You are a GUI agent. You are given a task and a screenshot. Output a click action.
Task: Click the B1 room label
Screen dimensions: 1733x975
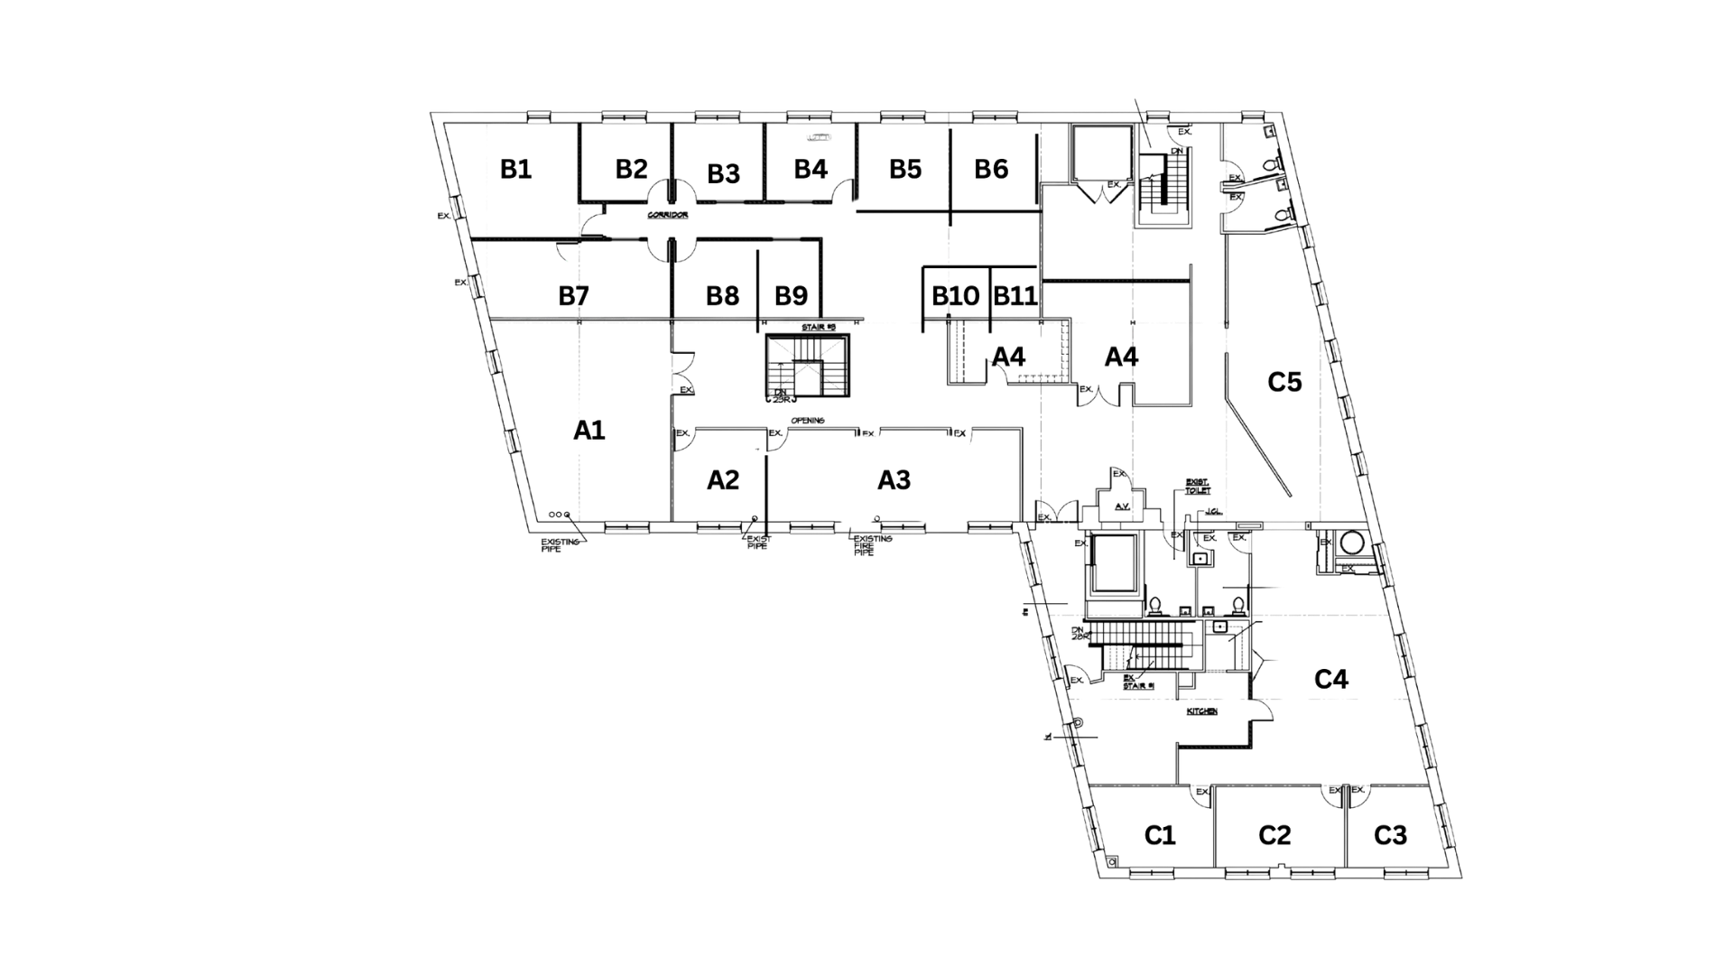tap(514, 169)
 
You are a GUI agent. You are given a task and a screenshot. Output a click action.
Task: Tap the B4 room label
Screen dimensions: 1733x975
tap(811, 169)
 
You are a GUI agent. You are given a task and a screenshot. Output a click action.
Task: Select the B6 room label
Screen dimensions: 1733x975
tap(992, 169)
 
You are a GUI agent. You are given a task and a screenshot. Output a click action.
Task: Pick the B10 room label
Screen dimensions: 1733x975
tap(956, 295)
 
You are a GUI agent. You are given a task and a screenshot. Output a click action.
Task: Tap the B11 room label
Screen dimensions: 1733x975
tap(1015, 295)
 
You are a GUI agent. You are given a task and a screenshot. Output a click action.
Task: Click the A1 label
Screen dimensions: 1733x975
tap(588, 430)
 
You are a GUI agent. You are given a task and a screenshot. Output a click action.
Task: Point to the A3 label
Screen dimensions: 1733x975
tap(894, 481)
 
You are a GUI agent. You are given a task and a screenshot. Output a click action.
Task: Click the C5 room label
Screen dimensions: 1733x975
tap(1285, 383)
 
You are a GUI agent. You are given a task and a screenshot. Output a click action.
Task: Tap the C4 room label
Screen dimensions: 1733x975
tap(1330, 680)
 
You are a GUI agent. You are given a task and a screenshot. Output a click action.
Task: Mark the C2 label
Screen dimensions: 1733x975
tap(1275, 836)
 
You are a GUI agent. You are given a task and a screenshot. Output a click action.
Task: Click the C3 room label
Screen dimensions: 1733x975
tap(1391, 836)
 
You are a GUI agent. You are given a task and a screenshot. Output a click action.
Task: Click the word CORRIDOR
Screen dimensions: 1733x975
tap(668, 217)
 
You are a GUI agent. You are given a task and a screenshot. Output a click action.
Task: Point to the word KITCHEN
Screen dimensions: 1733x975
tap(1201, 712)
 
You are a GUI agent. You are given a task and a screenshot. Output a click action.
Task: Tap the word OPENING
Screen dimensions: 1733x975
tap(808, 422)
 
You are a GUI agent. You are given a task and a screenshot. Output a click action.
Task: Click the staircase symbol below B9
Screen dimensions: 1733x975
tap(808, 366)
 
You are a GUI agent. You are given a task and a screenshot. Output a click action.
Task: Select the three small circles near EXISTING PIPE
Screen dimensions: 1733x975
tap(560, 515)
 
